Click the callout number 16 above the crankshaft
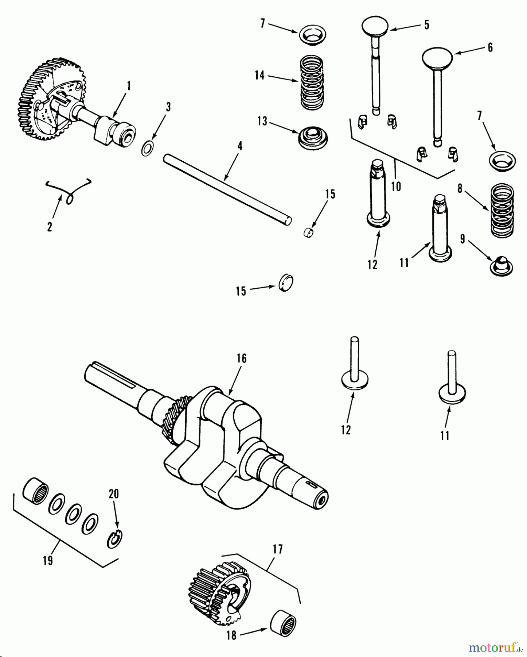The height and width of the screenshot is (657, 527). [241, 358]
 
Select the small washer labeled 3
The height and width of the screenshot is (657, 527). [147, 150]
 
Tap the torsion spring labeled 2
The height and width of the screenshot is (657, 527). [69, 190]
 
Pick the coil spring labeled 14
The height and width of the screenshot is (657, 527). [312, 83]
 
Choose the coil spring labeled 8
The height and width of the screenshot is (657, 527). [502, 210]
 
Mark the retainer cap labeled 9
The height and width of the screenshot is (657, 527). [501, 266]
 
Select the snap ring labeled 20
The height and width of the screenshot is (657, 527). [115, 539]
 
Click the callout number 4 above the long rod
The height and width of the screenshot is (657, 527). [239, 146]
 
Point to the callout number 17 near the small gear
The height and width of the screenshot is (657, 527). [277, 550]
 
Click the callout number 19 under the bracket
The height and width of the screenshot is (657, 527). [48, 560]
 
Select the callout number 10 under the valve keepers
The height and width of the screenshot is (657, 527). [396, 186]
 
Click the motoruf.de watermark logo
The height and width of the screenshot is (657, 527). [496, 648]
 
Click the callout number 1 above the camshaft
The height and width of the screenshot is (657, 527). [128, 86]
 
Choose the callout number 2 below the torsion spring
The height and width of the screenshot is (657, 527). [50, 227]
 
